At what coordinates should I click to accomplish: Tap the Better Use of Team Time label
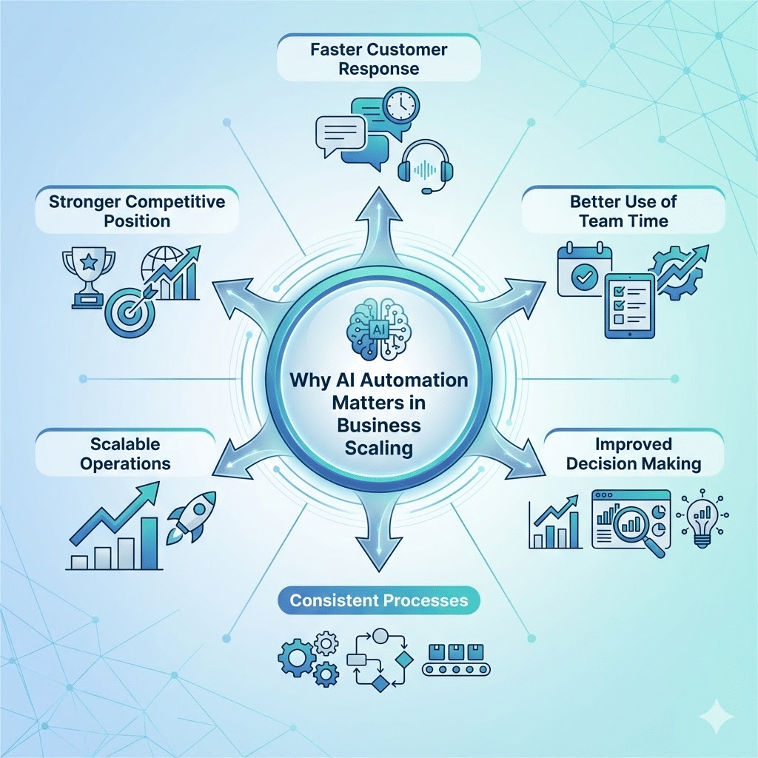623,211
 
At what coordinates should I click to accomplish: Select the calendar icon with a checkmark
585,270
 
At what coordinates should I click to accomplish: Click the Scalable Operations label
125,454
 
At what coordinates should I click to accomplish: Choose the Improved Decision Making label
632,454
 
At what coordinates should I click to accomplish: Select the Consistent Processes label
378,600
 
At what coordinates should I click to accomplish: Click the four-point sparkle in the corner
719,717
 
